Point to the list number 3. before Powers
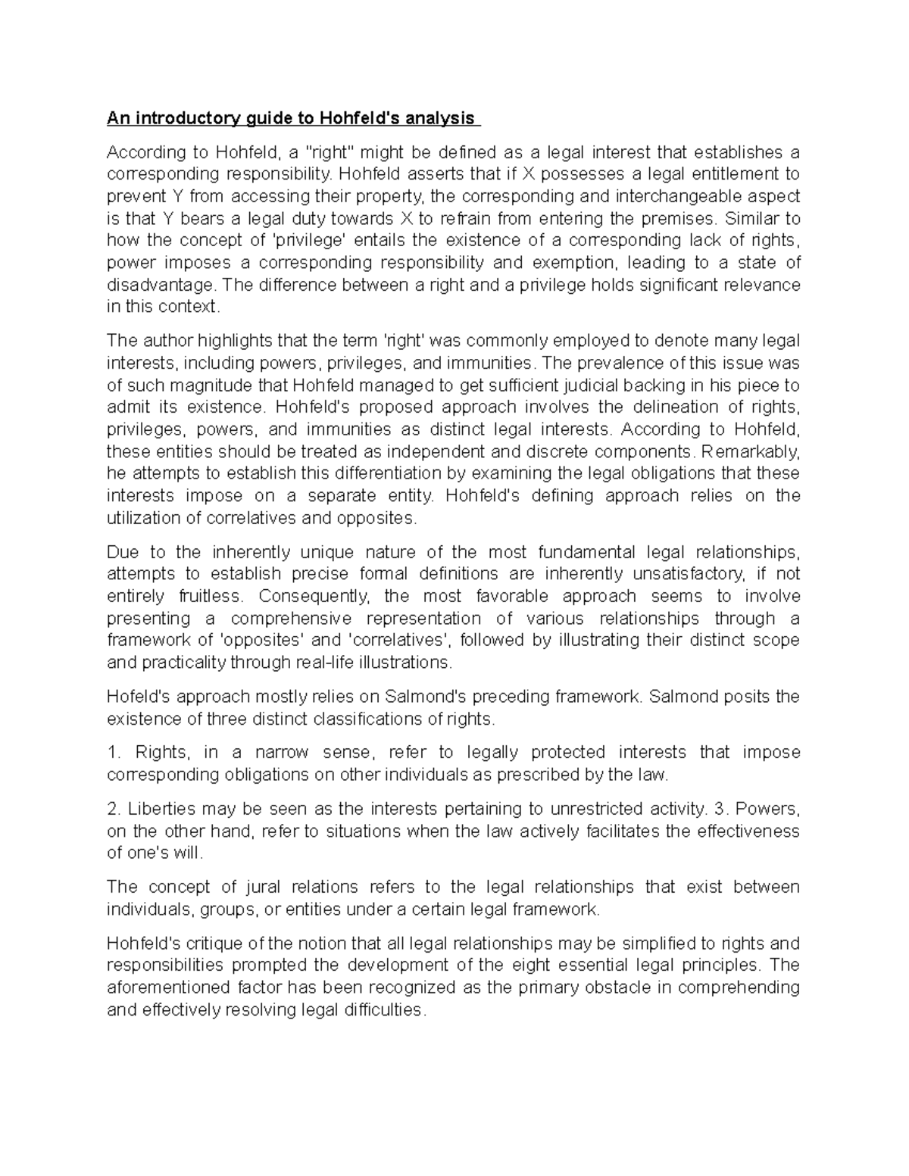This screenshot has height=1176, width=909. coord(720,809)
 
